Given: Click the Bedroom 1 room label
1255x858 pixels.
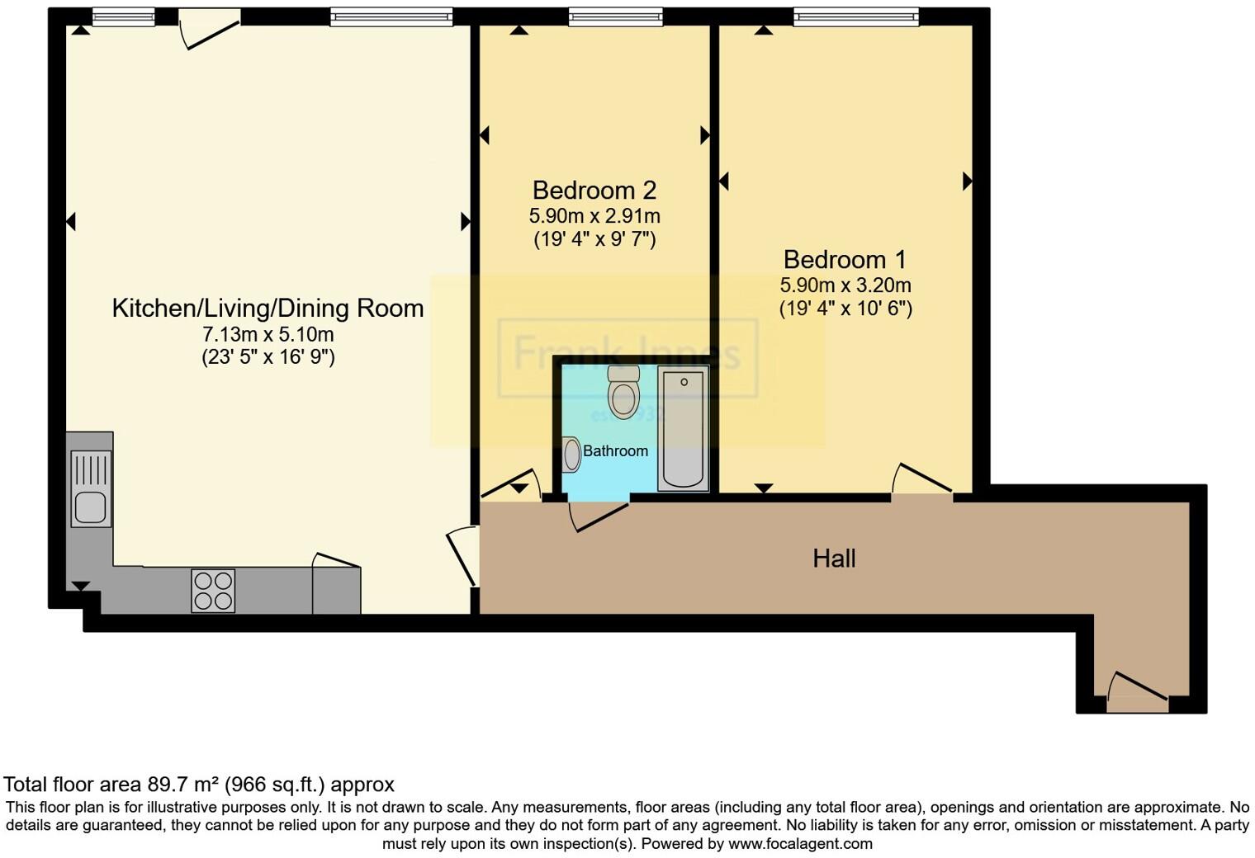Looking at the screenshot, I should (x=845, y=260).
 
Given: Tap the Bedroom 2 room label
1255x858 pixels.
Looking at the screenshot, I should (x=594, y=191).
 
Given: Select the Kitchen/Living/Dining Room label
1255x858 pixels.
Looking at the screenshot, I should (x=268, y=309).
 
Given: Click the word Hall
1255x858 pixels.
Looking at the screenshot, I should (x=834, y=559).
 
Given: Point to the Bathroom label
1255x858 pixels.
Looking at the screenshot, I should (x=615, y=451).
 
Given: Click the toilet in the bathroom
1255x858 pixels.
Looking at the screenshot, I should (x=623, y=391).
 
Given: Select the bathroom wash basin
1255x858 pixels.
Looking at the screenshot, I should (x=571, y=455).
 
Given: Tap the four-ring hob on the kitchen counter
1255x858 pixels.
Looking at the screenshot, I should (x=213, y=591).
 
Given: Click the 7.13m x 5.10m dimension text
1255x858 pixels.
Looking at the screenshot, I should (x=268, y=334).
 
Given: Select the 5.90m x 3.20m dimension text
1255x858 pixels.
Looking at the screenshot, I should (x=845, y=285).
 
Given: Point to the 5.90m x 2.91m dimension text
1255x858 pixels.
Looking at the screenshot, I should (x=594, y=216).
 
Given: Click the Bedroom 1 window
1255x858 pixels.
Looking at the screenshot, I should (x=855, y=16).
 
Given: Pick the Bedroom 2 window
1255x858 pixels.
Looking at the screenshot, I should (x=615, y=16).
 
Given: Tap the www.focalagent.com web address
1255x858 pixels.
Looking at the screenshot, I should (x=800, y=843).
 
